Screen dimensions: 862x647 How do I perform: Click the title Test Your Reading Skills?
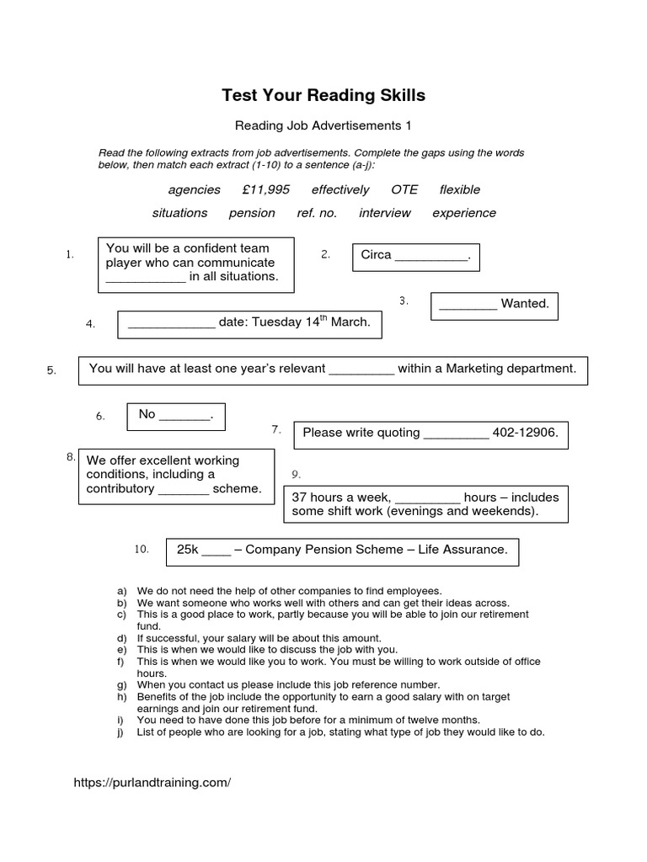coord(323,96)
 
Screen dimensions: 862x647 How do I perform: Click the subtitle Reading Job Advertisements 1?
coord(323,126)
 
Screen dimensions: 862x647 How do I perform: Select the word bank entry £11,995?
coord(265,189)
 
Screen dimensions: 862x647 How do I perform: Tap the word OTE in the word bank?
coord(404,189)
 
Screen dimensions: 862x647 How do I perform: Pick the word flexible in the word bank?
coord(460,189)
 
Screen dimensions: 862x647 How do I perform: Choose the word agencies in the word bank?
coord(194,189)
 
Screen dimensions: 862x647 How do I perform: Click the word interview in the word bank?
coord(385,213)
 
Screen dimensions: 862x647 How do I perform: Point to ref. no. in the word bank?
coord(317,213)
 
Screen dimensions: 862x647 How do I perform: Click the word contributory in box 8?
coord(120,489)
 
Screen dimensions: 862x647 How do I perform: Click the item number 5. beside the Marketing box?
coord(51,370)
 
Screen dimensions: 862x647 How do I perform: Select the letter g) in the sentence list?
coord(122,685)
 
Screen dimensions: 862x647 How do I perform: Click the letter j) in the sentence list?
coord(122,732)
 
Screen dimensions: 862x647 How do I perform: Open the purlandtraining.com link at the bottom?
coord(152,782)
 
